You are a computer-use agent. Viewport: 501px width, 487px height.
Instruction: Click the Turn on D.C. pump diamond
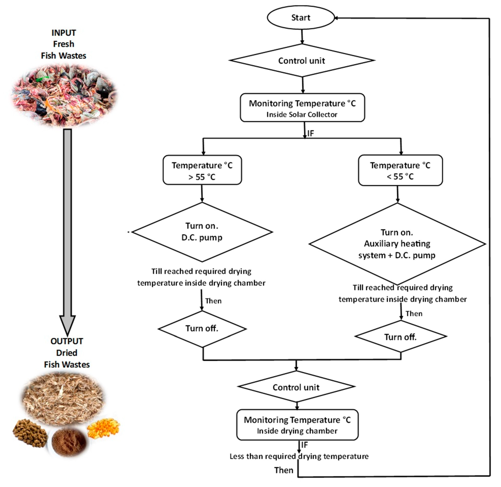pos(202,232)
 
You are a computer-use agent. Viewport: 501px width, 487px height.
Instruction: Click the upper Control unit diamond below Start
pos(302,61)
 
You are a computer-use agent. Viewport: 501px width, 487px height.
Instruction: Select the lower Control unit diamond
pos(296,387)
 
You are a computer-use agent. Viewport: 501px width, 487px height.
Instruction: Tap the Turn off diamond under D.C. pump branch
pos(202,328)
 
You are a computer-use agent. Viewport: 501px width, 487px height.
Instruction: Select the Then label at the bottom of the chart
pos(284,470)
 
